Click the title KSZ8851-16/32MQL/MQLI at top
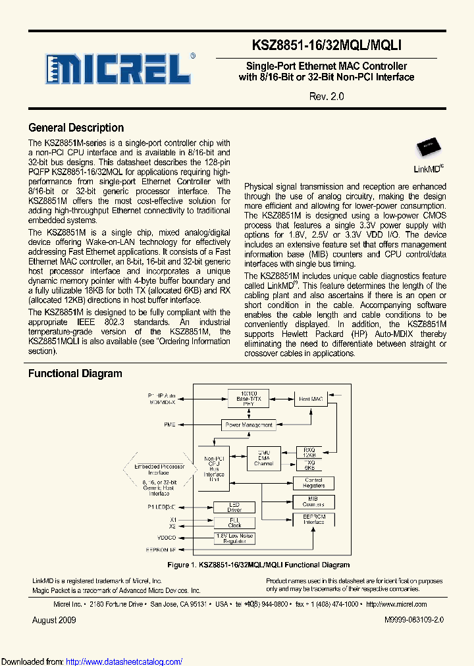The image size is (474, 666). click(327, 45)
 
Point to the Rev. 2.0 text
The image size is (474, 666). click(327, 96)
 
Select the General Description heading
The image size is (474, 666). click(76, 128)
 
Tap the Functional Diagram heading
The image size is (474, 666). click(75, 374)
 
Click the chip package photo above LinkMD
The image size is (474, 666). click(428, 148)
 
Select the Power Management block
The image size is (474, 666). click(248, 425)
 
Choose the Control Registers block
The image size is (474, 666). click(314, 483)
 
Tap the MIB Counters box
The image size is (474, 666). click(314, 501)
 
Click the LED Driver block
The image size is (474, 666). click(235, 507)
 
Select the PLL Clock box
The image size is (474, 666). click(235, 523)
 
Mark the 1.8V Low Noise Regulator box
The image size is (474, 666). click(235, 538)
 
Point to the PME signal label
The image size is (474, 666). click(170, 425)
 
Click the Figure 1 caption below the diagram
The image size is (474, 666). click(259, 565)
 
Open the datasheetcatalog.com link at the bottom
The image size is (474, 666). click(124, 661)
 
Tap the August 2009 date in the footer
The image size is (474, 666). click(54, 620)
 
